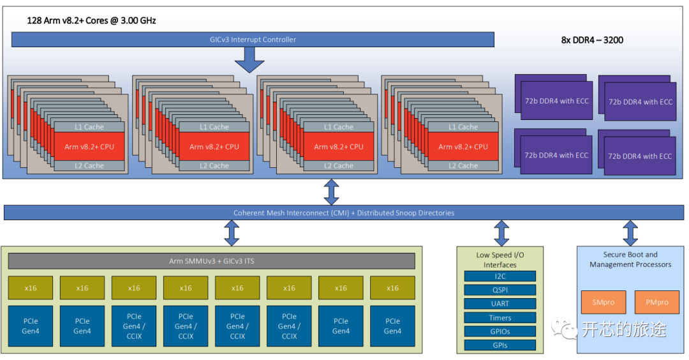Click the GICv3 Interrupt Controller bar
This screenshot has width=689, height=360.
[253, 40]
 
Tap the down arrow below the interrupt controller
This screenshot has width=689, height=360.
[249, 60]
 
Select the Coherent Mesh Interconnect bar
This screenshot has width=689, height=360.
[344, 213]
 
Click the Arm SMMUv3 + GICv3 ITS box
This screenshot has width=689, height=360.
[211, 261]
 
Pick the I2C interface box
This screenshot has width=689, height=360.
[500, 276]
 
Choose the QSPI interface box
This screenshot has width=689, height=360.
[500, 290]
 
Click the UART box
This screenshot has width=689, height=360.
[500, 304]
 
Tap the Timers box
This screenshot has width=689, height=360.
[500, 318]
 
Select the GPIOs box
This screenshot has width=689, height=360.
[500, 331]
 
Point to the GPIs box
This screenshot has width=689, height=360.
[500, 345]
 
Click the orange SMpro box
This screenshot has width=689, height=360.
[603, 303]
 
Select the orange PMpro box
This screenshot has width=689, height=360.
[657, 303]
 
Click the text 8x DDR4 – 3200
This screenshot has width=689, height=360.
[592, 40]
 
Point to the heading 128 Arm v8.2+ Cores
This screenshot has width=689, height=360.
[91, 20]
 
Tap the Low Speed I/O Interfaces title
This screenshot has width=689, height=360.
[500, 260]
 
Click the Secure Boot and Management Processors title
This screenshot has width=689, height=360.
[630, 259]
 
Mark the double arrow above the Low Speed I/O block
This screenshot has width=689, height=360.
[501, 234]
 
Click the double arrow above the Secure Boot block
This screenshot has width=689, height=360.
[630, 234]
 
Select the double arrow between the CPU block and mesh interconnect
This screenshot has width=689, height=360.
[332, 191]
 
